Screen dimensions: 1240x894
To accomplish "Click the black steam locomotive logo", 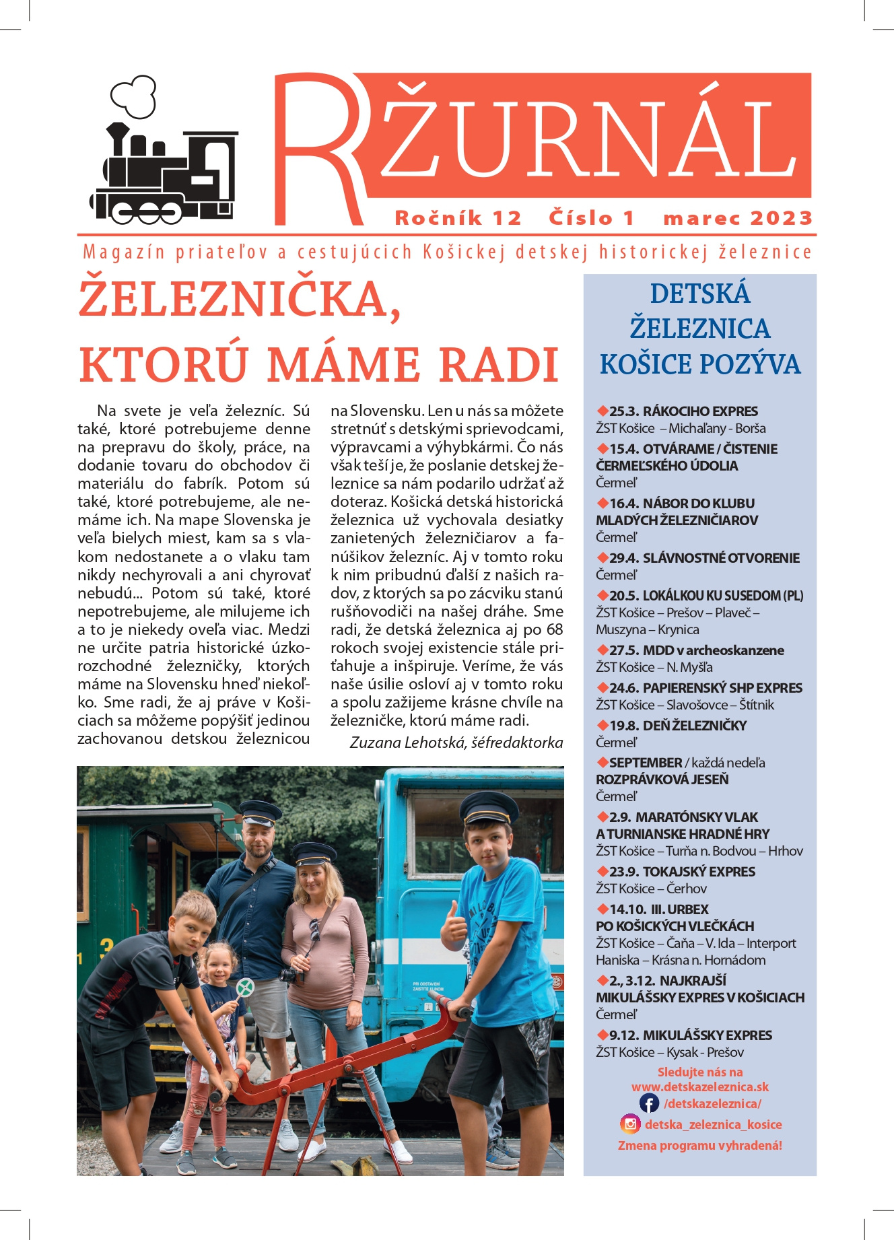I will [165, 174].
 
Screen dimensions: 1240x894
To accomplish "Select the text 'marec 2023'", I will [738, 218].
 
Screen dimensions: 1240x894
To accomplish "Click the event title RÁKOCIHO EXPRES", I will [700, 411].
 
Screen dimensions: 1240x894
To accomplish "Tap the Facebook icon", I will [649, 1103].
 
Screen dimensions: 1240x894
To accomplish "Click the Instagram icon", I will [631, 1124].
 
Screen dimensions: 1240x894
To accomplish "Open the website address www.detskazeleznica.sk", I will [700, 1087].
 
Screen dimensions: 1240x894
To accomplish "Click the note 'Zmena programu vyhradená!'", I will [700, 1146].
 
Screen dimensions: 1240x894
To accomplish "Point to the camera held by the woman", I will [289, 975].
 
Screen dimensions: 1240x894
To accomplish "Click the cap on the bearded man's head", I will [260, 811].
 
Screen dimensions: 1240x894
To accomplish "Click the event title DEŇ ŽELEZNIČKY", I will [695, 726].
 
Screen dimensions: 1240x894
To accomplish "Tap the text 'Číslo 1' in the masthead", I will [592, 218].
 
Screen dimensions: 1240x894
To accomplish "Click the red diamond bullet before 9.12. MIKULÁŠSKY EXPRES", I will [603, 1035].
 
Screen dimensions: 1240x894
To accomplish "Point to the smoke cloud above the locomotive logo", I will [135, 96].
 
